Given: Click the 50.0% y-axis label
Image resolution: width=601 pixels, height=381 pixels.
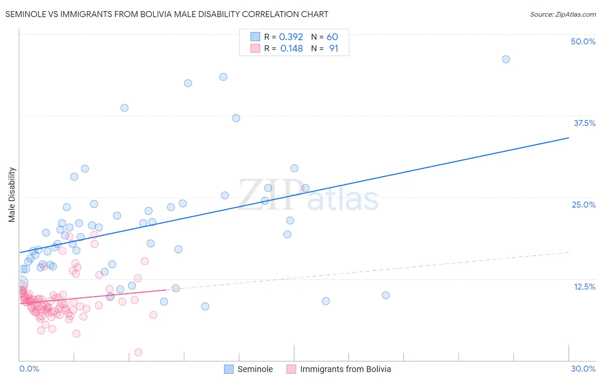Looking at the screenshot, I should click(583, 41).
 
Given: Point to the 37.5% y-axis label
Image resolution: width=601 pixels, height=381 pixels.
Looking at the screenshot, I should click(584, 123).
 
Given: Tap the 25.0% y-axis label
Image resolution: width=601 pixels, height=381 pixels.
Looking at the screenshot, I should click(583, 205).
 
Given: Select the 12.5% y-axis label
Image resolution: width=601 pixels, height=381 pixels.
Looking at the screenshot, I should click(584, 287).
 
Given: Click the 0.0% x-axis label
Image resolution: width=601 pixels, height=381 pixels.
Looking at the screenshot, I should click(29, 369).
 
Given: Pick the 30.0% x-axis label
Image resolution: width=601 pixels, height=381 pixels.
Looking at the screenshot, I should click(583, 369).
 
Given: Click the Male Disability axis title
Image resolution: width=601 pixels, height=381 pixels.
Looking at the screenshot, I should click(12, 194).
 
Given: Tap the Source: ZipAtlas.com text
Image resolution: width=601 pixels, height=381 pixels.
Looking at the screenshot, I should click(563, 14).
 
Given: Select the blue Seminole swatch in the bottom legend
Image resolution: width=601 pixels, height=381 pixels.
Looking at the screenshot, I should click(229, 369).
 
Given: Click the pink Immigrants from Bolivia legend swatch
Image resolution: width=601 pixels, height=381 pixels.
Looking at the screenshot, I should click(291, 369).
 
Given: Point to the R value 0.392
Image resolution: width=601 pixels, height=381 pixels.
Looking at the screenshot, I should click(291, 37).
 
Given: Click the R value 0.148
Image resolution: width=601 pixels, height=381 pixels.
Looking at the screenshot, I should click(292, 49).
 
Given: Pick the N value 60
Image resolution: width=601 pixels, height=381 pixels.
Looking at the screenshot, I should click(332, 37).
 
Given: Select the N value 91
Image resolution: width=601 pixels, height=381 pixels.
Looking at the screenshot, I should click(333, 49).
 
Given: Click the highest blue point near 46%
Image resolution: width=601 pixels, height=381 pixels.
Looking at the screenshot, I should click(506, 59).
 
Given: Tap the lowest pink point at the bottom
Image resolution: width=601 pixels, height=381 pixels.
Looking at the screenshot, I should click(138, 352).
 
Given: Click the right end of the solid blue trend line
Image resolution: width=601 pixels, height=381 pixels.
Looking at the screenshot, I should click(569, 138).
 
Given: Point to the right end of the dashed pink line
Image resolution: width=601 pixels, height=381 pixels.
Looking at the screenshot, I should click(569, 252).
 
